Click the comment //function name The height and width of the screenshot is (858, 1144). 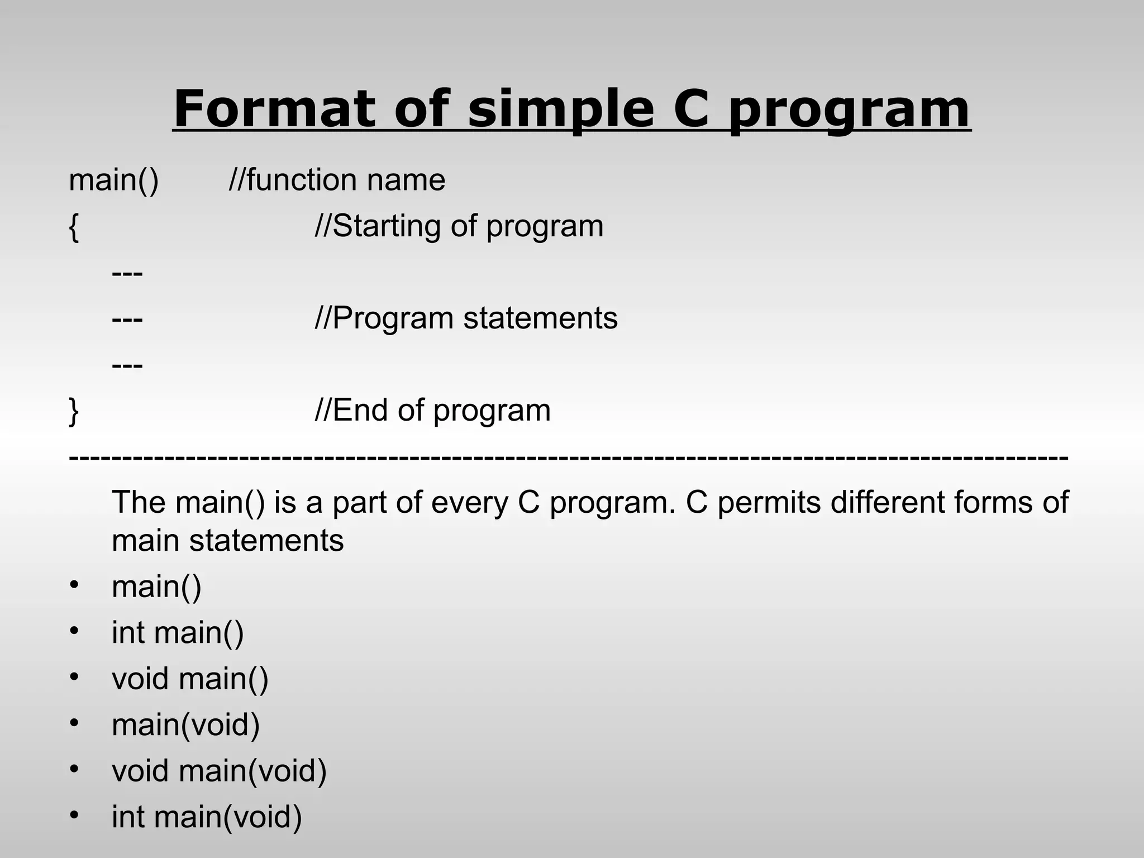pyautogui.click(x=337, y=180)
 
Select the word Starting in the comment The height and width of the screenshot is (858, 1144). pyautogui.click(x=386, y=227)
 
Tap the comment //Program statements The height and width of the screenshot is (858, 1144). pyautogui.click(x=466, y=318)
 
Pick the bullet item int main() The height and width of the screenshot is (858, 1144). pyautogui.click(x=178, y=633)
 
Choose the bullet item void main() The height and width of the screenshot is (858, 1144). pyautogui.click(x=190, y=679)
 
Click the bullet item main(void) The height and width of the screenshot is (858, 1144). pyautogui.click(x=185, y=725)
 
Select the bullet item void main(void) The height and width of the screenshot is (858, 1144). pyautogui.click(x=219, y=771)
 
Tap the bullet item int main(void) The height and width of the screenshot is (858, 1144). pyautogui.click(x=207, y=817)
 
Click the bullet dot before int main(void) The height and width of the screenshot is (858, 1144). pyautogui.click(x=75, y=815)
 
